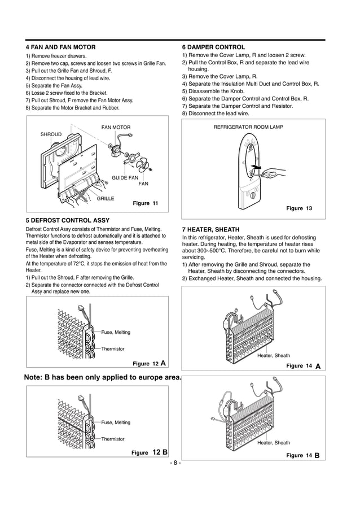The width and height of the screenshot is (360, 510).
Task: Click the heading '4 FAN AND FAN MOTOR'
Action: pos(61,47)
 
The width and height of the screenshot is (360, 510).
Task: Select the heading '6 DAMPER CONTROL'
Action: pos(213,47)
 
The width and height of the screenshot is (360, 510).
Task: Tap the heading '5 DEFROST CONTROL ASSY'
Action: pos(68,220)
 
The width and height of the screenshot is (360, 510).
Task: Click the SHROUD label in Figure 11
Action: pos(51,134)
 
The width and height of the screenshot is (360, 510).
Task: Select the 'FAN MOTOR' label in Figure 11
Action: pos(116,128)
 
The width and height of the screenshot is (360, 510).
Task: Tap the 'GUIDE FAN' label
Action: pos(125,178)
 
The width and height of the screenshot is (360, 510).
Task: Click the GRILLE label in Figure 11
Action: pos(106,199)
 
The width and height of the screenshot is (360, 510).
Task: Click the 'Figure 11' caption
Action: pos(145,203)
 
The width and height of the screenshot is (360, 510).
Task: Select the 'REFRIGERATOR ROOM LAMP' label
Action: pos(248,127)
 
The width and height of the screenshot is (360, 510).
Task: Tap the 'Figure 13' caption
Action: pos(299,209)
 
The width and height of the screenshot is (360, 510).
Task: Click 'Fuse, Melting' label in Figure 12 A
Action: pos(116,332)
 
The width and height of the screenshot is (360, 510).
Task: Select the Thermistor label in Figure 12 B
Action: pos(113,439)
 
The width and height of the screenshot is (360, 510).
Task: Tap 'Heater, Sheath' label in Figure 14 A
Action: pos(274,355)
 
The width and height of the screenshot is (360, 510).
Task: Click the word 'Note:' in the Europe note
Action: pos(37,377)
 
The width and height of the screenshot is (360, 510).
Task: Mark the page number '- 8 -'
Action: pos(175,463)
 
